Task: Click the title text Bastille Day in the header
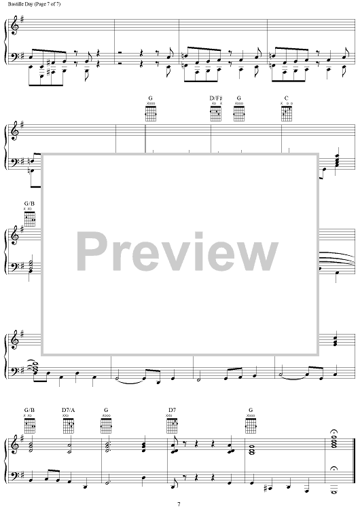tap(19, 4)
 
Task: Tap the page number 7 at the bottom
tap(179, 504)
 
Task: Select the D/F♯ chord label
tap(216, 98)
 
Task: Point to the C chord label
tap(286, 98)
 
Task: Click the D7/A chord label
tap(68, 410)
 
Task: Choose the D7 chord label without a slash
tap(172, 410)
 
